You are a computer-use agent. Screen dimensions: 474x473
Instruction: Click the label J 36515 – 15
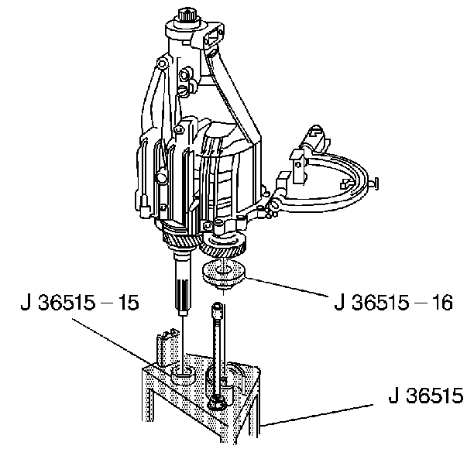click(80, 303)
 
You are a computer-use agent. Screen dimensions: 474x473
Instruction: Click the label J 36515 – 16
click(393, 303)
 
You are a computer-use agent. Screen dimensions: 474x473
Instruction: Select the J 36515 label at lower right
click(426, 395)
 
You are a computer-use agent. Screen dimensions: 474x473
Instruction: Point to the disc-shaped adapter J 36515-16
click(223, 275)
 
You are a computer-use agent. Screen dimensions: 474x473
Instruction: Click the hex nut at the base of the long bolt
click(217, 403)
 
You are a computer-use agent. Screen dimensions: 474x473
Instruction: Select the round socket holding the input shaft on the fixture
click(184, 375)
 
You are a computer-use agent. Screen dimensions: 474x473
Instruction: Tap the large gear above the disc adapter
click(224, 242)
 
